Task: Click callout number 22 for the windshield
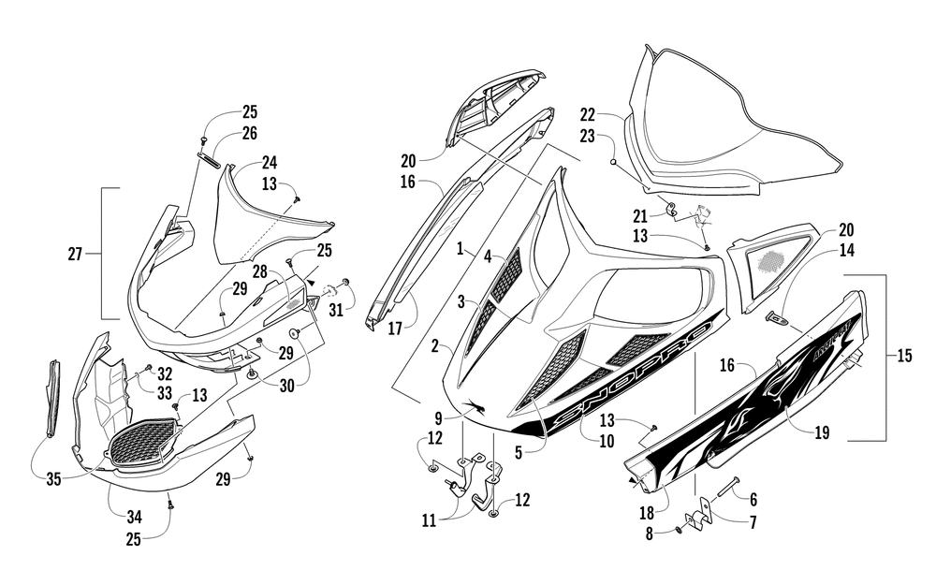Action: click(588, 114)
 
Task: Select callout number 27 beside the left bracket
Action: click(75, 255)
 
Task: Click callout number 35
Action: click(53, 479)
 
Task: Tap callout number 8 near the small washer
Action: click(650, 534)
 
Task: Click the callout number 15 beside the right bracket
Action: click(904, 357)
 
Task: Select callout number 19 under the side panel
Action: click(822, 432)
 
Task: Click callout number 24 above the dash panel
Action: click(270, 162)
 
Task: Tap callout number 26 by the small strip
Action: click(250, 133)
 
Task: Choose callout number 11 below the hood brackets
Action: click(430, 521)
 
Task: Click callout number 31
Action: click(336, 311)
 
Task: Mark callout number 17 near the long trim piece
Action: click(395, 329)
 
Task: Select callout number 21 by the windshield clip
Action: click(640, 215)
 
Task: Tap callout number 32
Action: click(165, 374)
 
